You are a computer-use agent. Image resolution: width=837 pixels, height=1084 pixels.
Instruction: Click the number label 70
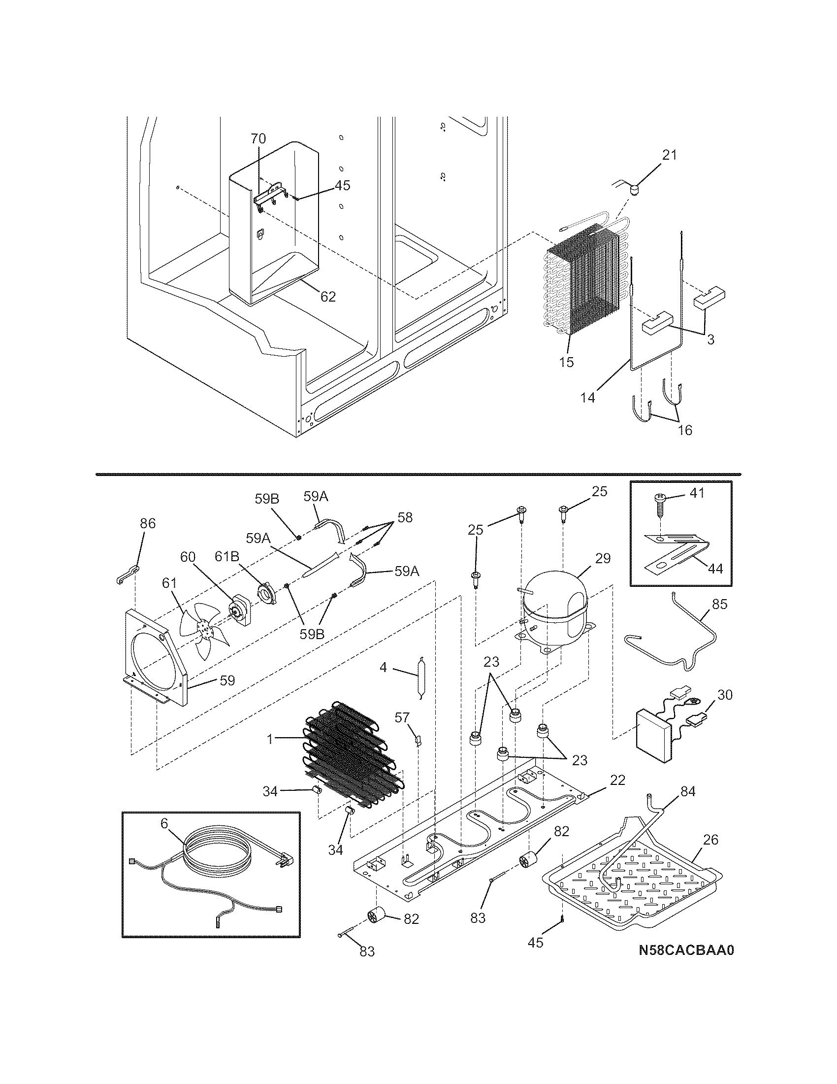coord(258,138)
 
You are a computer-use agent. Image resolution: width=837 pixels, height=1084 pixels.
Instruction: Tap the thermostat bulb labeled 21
coord(635,189)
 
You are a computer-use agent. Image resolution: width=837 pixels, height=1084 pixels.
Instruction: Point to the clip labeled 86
coord(127,573)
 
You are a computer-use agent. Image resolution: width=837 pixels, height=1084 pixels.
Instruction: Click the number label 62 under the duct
coord(328,296)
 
